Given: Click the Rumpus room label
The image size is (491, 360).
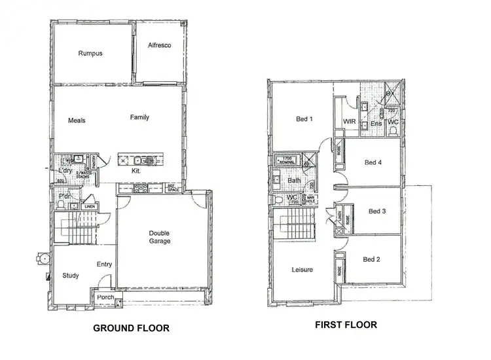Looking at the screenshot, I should pos(90,53).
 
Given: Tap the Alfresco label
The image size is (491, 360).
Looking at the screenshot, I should pos(159,45).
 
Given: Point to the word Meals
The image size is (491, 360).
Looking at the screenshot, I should pos(77,120).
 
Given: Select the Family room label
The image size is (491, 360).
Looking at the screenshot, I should pos(139,117).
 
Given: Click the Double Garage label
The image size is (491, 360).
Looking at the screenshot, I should pos(160,237).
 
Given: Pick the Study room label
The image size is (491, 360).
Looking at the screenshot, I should pos(70,276).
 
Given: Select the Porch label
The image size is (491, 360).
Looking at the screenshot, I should pos(105,297).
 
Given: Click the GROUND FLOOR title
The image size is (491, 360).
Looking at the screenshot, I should pos(131,328).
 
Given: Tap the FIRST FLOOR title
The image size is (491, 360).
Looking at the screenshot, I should pos(346,324).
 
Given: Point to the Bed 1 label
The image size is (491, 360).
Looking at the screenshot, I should pos(304,118).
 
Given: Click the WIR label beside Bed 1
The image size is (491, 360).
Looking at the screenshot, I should pos(349,122).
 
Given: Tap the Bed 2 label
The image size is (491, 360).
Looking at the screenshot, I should pos(371,260).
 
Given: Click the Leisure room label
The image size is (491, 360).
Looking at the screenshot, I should pos(302,270).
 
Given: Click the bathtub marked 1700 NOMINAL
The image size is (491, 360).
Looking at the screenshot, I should pos(288,160).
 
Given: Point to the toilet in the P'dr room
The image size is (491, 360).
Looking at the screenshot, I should pos(61,206).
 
